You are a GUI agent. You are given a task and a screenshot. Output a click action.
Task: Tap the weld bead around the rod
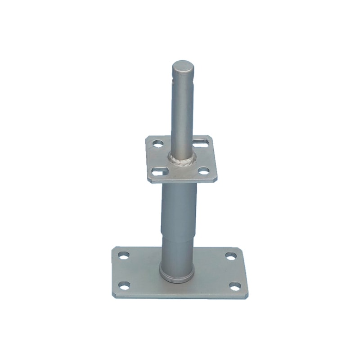(182, 160)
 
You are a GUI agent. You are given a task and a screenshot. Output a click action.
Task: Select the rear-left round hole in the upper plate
(158, 144)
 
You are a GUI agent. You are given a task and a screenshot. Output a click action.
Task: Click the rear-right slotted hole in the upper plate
(201, 143)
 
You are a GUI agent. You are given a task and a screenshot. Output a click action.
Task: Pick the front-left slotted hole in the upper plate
(157, 171)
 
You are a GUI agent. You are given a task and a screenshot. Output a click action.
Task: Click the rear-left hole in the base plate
(123, 255)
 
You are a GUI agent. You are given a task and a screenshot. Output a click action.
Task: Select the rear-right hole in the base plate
(231, 256)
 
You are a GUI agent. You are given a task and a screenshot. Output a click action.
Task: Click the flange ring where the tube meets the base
(177, 275)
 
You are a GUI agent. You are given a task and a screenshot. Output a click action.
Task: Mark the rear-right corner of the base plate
(238, 248)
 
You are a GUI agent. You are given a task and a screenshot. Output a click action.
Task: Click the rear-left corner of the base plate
(115, 247)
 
